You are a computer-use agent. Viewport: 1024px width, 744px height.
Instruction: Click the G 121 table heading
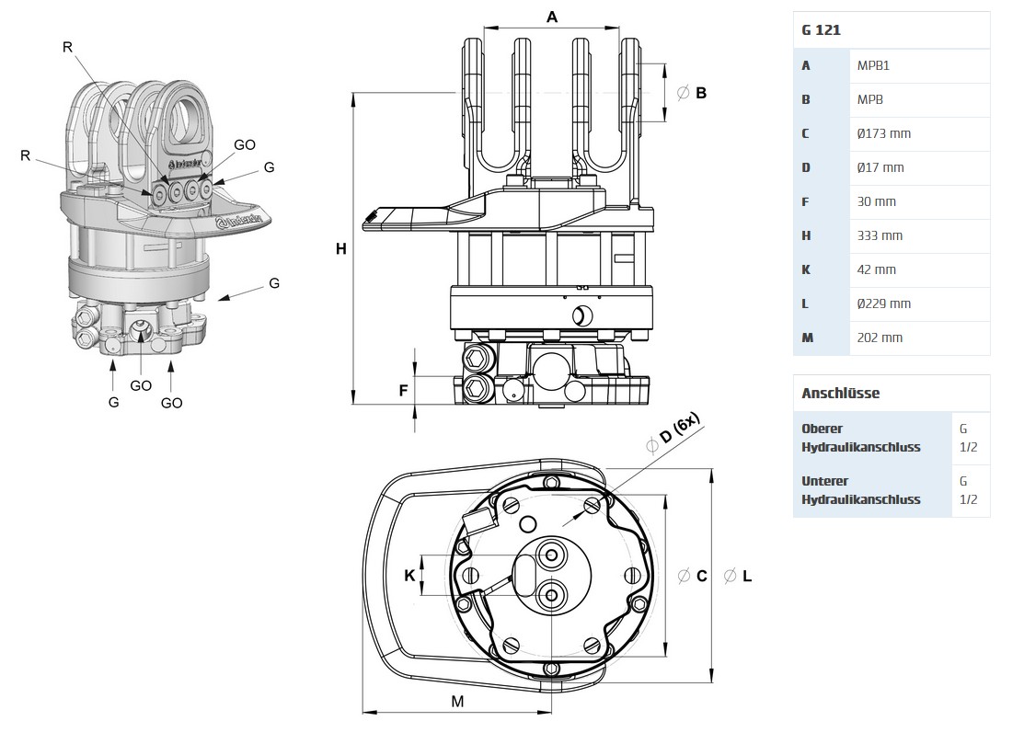[x=822, y=30]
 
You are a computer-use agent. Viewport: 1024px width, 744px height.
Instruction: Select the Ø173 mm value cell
[x=883, y=133]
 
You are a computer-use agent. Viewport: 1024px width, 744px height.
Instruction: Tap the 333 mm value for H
[x=880, y=235]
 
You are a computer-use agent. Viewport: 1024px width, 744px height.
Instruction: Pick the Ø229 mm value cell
[x=883, y=303]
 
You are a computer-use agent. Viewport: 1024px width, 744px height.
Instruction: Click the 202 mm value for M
[x=880, y=338]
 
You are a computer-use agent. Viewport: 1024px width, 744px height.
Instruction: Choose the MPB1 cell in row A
[x=873, y=65]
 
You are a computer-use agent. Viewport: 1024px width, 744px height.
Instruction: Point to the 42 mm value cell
[x=876, y=269]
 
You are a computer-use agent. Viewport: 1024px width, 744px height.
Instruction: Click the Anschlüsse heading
[x=840, y=393]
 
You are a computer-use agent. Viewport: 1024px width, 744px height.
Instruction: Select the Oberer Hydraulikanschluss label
[x=860, y=438]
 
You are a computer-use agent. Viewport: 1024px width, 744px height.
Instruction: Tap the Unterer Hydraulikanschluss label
[x=860, y=490]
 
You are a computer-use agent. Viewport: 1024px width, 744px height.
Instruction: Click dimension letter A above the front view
[x=552, y=17]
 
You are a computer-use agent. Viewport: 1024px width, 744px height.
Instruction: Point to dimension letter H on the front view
[x=340, y=248]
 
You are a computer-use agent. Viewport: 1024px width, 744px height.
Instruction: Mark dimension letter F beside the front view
[x=403, y=390]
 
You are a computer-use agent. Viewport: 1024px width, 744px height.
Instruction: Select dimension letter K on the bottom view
[x=409, y=576]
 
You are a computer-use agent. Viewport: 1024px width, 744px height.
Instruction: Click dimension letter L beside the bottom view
[x=746, y=576]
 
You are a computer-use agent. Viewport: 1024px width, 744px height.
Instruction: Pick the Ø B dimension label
[x=692, y=93]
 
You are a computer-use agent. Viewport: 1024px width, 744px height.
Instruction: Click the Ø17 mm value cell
[x=880, y=167]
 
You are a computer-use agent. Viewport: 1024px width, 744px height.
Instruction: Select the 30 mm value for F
[x=876, y=201]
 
